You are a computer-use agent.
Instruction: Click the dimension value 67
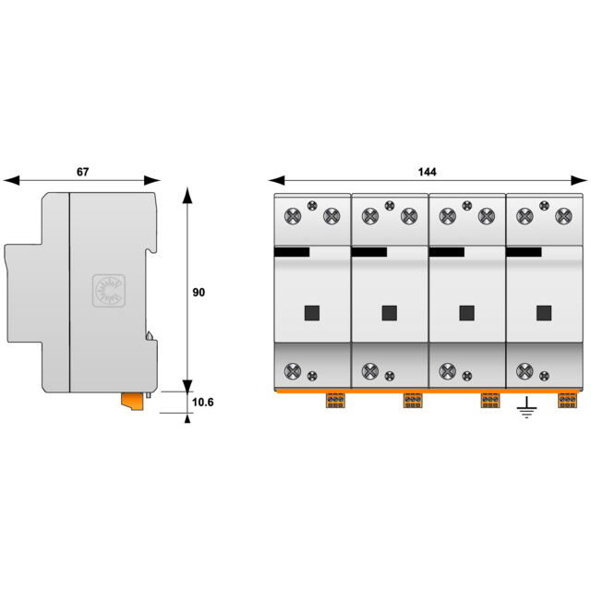point(82,172)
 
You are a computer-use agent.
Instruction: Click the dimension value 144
point(427,172)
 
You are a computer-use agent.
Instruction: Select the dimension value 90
point(199,292)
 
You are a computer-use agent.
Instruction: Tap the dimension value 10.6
point(203,403)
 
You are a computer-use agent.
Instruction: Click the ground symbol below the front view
point(526,407)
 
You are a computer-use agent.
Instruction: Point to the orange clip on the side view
point(132,401)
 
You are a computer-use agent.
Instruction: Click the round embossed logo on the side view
point(109,291)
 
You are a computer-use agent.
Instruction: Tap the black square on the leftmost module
point(312,313)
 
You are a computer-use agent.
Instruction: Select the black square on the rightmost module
point(544,313)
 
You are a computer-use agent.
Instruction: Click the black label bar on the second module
point(369,252)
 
